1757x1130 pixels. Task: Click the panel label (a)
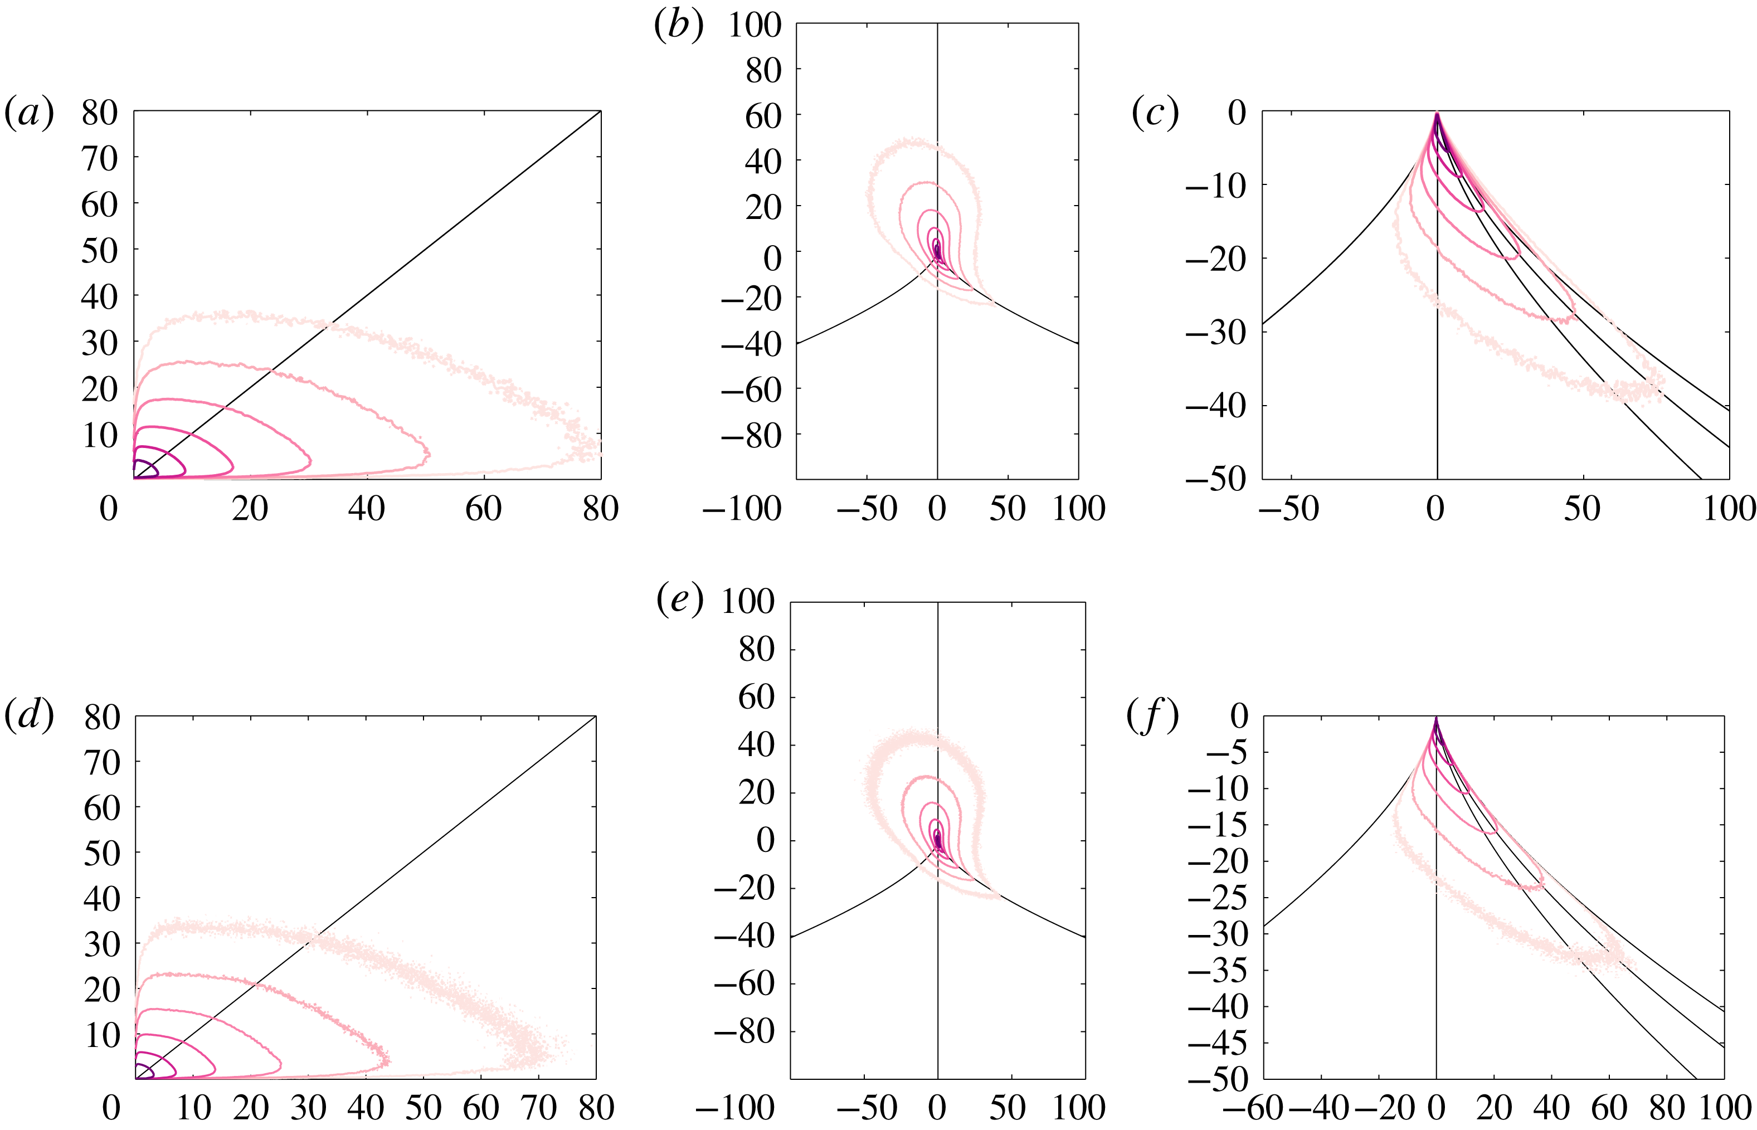pyautogui.click(x=30, y=114)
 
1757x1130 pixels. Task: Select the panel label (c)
pyautogui.click(x=1155, y=114)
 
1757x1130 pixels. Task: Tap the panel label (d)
pyautogui.click(x=30, y=715)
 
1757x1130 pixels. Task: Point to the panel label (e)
pyautogui.click(x=679, y=600)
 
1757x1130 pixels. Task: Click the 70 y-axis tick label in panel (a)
pyautogui.click(x=99, y=158)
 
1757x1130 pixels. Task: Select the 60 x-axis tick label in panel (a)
pyautogui.click(x=483, y=509)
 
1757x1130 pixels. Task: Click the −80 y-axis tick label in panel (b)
pyautogui.click(x=751, y=436)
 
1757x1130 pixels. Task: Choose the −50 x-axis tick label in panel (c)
pyautogui.click(x=1289, y=509)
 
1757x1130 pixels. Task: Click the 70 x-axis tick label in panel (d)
pyautogui.click(x=538, y=1108)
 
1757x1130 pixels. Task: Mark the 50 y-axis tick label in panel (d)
pyautogui.click(x=101, y=854)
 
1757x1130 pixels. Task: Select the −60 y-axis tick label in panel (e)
pyautogui.click(x=744, y=983)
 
